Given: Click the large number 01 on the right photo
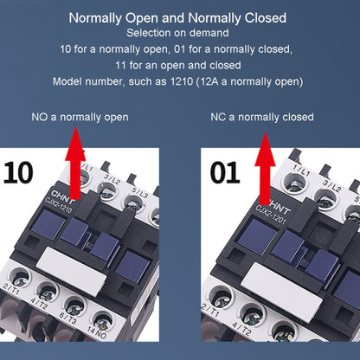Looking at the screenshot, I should pyautogui.click(x=222, y=170).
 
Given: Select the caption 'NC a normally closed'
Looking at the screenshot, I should pyautogui.click(x=261, y=117).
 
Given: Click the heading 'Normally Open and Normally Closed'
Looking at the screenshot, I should pyautogui.click(x=177, y=17).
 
